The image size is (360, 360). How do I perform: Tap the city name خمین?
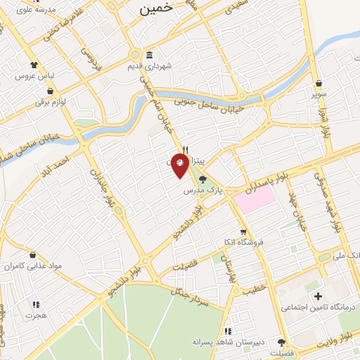[156, 9]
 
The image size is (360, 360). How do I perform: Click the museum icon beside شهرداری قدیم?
[149, 56]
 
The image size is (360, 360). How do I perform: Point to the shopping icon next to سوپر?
[321, 82]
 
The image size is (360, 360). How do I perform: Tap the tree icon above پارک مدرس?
[203, 179]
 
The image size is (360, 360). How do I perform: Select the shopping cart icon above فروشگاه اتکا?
[243, 231]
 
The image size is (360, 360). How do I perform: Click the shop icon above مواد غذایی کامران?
[33, 255]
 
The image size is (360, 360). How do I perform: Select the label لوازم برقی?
[51, 102]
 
